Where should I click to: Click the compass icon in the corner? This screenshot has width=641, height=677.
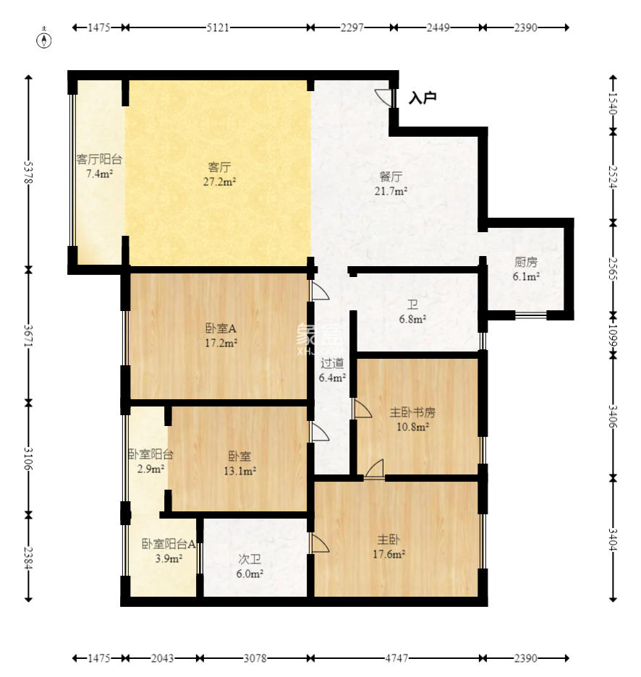(44, 38)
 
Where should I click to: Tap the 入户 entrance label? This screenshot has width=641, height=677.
(423, 98)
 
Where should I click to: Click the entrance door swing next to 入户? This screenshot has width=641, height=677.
(384, 97)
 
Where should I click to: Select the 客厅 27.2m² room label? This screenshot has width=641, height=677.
(219, 174)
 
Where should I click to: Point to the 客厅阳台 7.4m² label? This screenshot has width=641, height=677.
(99, 166)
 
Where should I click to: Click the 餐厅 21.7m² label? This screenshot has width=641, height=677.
(391, 184)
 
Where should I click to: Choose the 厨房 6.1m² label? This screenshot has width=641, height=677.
(526, 269)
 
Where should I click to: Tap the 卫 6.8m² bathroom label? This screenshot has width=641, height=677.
(412, 312)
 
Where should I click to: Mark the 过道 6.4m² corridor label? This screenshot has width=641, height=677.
(332, 370)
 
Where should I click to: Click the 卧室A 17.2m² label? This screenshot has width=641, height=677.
(221, 336)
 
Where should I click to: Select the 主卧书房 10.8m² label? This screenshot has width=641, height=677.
(412, 420)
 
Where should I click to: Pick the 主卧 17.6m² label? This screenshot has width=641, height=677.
(389, 547)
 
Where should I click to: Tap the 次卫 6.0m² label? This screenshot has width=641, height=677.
(250, 566)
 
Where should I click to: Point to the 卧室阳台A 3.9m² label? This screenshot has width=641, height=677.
(169, 551)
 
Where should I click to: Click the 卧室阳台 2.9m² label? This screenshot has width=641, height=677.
(150, 461)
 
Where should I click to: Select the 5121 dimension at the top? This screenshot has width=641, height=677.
(218, 27)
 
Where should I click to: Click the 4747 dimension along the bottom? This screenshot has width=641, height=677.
(396, 658)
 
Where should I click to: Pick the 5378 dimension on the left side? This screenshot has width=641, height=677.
(28, 172)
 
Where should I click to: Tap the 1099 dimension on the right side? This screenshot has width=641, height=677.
(613, 336)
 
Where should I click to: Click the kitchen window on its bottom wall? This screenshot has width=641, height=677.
(531, 315)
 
